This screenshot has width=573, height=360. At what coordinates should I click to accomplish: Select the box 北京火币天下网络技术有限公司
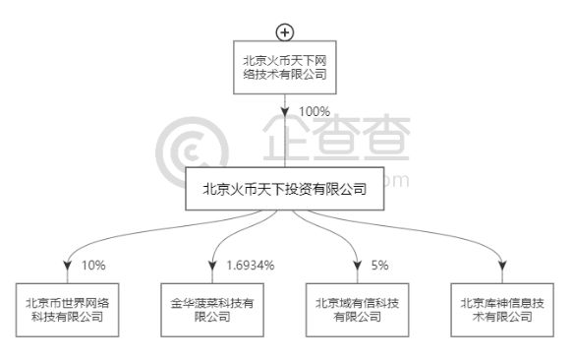coord(284,67)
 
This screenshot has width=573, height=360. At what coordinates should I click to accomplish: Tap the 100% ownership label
coord(314,112)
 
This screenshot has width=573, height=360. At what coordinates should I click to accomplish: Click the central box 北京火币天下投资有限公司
coord(285,189)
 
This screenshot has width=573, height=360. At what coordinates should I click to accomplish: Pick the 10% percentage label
coord(92,265)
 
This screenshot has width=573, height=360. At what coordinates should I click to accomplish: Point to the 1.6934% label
coord(250,265)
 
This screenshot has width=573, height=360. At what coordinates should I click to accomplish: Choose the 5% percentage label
coord(379,265)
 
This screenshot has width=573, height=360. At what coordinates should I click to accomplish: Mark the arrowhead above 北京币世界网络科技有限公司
coord(68,264)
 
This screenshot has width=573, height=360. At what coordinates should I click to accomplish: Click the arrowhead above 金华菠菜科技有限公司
coord(213,264)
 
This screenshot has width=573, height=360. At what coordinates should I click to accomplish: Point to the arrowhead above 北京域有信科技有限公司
coord(358,264)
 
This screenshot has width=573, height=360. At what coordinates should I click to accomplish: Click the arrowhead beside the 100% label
coord(285,112)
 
